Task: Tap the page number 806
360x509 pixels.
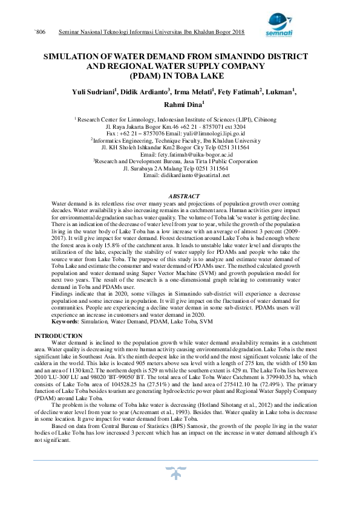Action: coord(42,31)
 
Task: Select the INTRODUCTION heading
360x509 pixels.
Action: coord(59,336)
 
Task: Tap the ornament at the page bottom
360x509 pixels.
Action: coord(180,470)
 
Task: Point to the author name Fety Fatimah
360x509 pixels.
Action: coord(241,91)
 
